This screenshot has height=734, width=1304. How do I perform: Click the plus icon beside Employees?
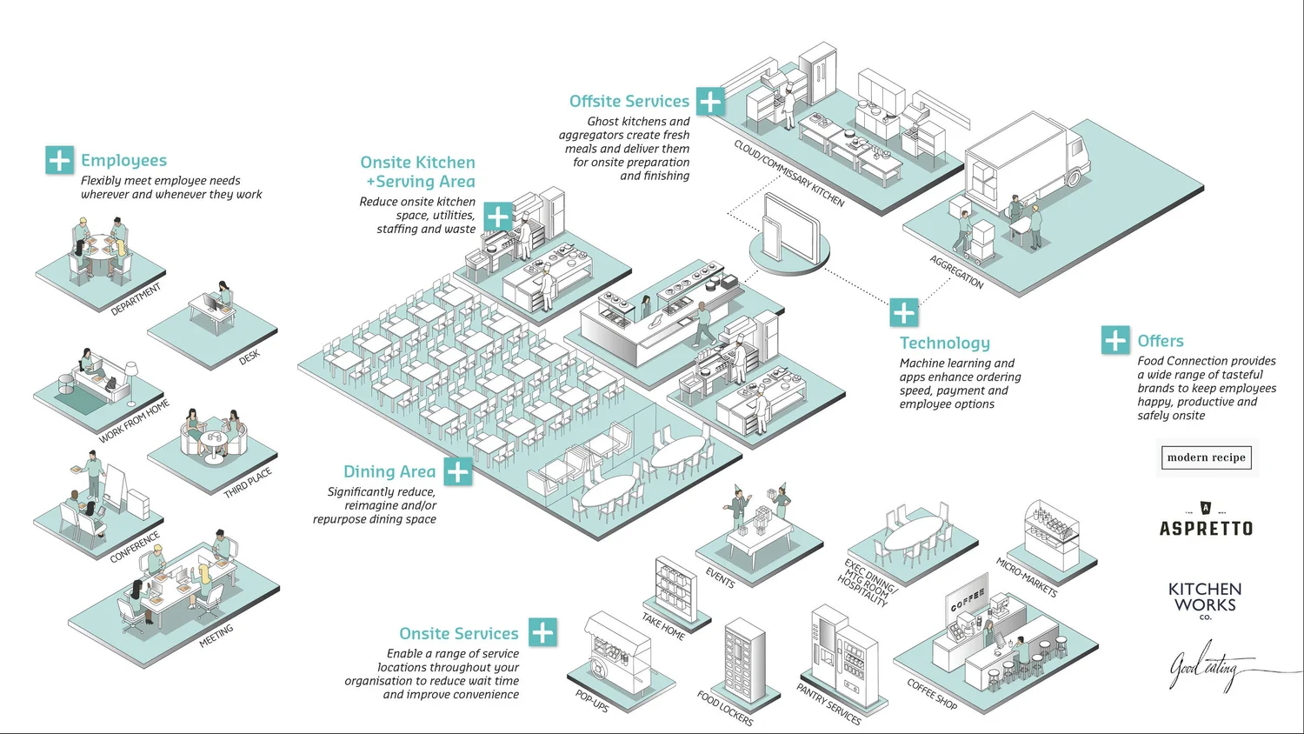pos(59,160)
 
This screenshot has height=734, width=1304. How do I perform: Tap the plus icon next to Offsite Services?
pos(710,101)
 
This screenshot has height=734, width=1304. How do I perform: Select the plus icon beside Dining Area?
pos(458,471)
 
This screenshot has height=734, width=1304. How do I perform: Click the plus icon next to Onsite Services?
pos(542,632)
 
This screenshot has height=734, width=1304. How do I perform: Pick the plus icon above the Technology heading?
pos(904,312)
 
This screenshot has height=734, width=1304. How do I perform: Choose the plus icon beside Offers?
pos(1115,340)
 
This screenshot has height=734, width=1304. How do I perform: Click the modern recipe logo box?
pos(1206,457)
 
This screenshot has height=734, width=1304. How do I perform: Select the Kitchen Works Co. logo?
pos(1205,600)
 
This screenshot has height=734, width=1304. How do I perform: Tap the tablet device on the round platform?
pos(789,228)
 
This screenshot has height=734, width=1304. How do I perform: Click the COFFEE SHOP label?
pos(932,694)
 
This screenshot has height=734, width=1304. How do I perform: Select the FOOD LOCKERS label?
pos(725,708)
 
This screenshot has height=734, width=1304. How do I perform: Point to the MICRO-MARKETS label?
pos(1026,577)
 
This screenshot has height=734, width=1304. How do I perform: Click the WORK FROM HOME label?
pos(134,422)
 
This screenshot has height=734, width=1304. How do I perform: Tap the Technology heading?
pos(944,343)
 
